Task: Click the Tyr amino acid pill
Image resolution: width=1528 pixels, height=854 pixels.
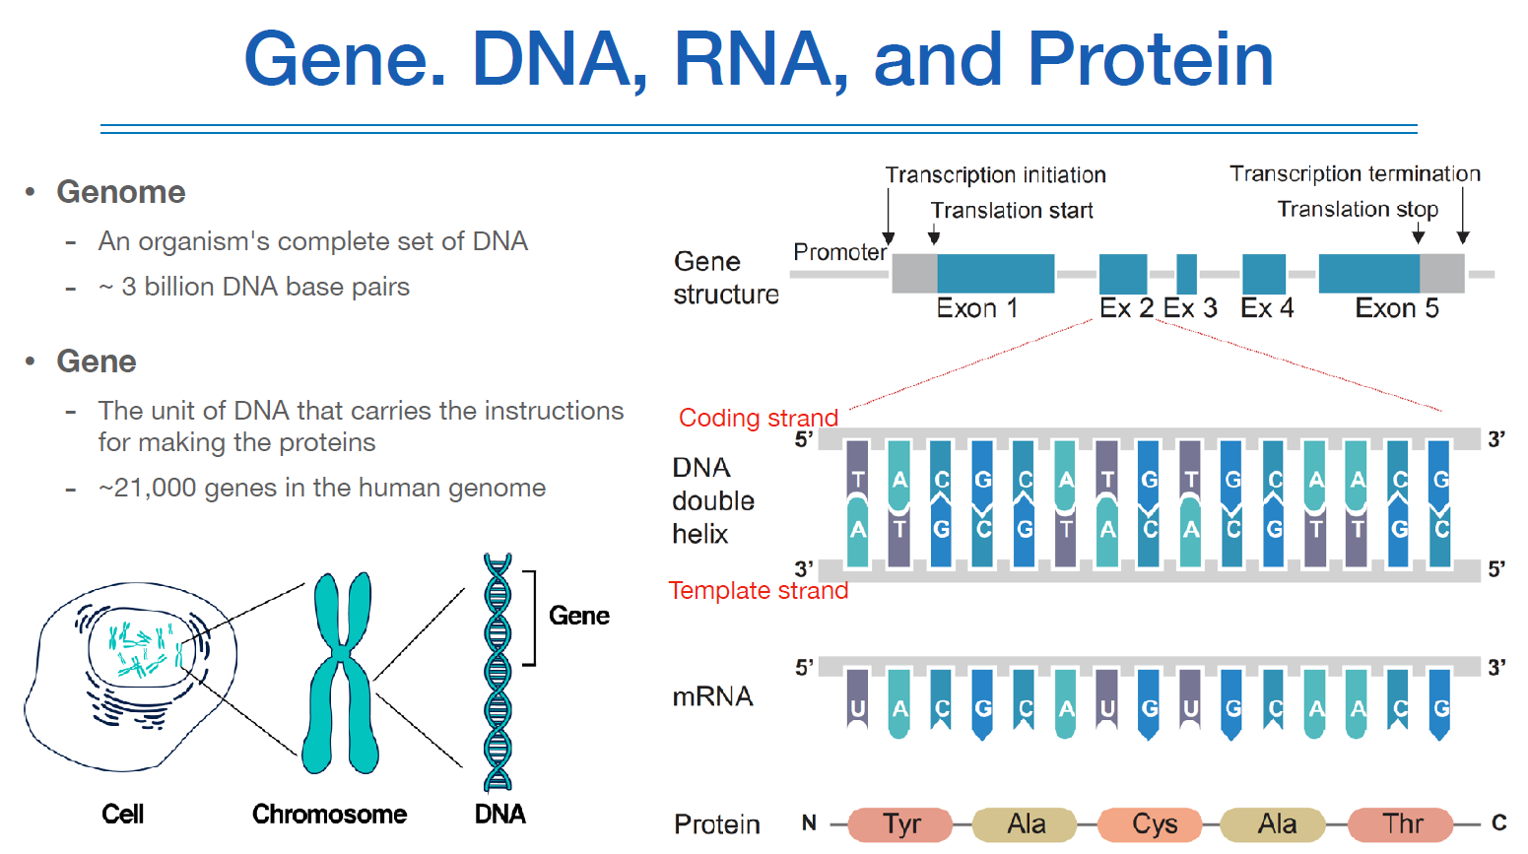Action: tap(901, 824)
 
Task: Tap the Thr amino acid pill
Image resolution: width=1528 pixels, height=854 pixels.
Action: tap(1402, 824)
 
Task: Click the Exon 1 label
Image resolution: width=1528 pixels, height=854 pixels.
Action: tap(976, 309)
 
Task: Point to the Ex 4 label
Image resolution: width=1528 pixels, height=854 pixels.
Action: tap(1267, 309)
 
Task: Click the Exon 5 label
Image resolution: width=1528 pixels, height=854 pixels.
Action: tap(1396, 309)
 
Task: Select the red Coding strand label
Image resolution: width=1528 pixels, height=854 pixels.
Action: tap(758, 419)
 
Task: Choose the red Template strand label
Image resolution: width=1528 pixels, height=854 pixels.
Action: tap(758, 591)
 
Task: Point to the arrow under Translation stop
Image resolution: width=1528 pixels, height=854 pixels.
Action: tap(1418, 232)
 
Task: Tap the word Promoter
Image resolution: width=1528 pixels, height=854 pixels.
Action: tap(839, 253)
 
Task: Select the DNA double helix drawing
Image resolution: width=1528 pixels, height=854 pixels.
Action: tap(498, 675)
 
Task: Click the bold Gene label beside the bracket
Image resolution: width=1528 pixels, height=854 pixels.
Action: tap(579, 617)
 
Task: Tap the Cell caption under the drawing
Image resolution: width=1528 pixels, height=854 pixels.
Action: tap(123, 815)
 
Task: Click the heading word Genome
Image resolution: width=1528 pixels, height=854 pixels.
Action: tap(121, 192)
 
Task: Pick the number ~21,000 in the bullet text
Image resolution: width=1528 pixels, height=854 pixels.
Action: tap(147, 489)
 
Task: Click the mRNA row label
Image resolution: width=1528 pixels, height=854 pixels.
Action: tap(712, 697)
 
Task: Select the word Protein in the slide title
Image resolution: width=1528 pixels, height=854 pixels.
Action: tap(1150, 59)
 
